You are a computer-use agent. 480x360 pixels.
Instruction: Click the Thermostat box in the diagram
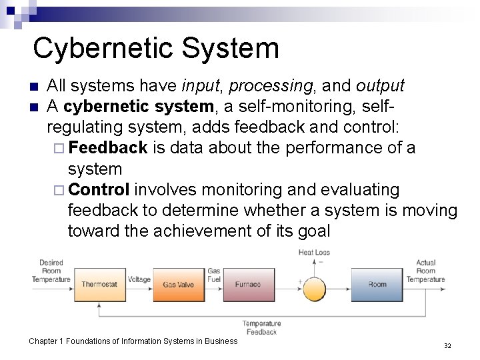(x=99, y=285)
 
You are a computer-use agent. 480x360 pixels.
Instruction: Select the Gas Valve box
(x=178, y=285)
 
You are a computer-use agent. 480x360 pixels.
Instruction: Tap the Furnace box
(x=247, y=285)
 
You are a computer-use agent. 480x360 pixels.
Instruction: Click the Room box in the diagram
(x=377, y=285)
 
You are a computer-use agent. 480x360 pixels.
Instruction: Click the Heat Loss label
(x=314, y=253)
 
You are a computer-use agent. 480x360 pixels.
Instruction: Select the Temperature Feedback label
(x=261, y=327)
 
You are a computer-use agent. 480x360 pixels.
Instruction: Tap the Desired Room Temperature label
(x=51, y=271)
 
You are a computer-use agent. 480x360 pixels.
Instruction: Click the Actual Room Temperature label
(x=425, y=271)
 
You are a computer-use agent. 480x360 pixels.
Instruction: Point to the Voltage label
(x=139, y=280)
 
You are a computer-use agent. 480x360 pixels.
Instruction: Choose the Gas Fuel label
(x=214, y=275)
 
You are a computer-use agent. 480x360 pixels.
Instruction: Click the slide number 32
(x=447, y=345)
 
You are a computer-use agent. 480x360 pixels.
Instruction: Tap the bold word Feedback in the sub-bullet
(x=108, y=147)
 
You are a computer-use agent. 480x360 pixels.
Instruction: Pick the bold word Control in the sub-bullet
(x=99, y=189)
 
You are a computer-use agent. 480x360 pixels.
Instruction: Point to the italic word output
(x=380, y=86)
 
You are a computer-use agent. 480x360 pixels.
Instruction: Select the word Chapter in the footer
(x=45, y=341)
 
